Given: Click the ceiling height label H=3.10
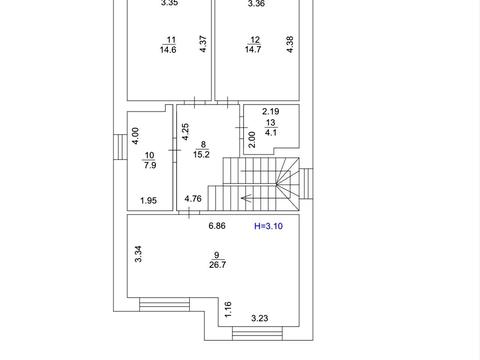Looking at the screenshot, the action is coord(268,226).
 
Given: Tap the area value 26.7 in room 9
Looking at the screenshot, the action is coord(217,265).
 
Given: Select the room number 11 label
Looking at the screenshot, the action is coord(171,40).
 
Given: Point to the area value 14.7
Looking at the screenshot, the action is coord(253,50).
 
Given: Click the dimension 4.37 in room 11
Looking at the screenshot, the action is coord(203,44).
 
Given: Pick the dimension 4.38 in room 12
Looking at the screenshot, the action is coord(290,44).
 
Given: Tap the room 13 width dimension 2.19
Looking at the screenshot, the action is coord(270,111).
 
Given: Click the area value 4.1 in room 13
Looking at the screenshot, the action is coord(270,132).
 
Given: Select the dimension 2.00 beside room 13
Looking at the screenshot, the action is coord(252,139).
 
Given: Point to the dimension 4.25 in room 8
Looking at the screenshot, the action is coord(185,132).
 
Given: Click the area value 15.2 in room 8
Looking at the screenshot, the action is coord(201,154).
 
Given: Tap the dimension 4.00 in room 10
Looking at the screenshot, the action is coord(135,136).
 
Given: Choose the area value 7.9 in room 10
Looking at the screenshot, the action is coord(150,165).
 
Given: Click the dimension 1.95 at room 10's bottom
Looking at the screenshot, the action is coord(148,201).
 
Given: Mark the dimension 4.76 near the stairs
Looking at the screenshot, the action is coord(193,199).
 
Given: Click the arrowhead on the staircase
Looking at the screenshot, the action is coord(244,199).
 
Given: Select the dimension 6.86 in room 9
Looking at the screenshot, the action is coord(217,226).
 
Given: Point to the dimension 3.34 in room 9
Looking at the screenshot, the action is coord(138,254).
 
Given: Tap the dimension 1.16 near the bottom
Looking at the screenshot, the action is coord(228,310).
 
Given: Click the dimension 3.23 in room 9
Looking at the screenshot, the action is coord(259,318).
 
